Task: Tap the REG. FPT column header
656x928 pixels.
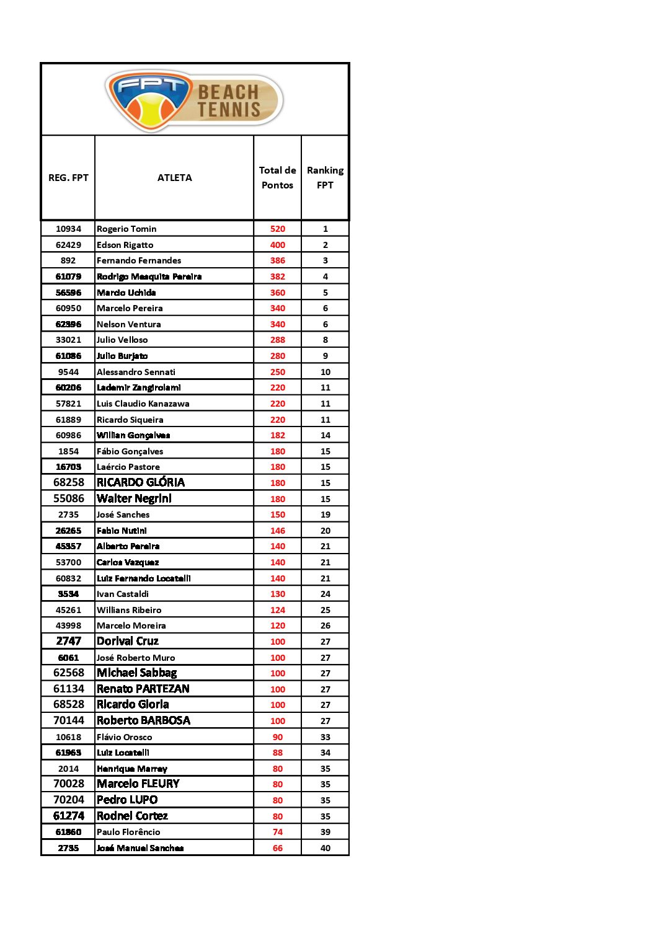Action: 68,178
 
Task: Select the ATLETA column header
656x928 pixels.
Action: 174,178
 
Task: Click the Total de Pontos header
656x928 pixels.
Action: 277,178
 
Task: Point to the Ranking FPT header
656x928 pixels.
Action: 325,178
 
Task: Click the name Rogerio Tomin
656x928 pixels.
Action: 126,229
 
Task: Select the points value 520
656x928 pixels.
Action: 277,229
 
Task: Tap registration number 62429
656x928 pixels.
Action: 68,245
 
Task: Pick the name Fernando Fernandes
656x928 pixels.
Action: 139,260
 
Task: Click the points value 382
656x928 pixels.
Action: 277,276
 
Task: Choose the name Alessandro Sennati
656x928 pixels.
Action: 136,372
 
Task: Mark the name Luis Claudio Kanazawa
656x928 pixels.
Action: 143,404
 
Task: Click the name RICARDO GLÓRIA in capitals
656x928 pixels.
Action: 141,482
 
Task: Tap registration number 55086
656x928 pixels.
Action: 68,498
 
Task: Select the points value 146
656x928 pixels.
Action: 277,531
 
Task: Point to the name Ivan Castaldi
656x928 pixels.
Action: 123,594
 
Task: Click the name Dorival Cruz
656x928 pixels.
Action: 128,641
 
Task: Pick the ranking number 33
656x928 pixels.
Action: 325,737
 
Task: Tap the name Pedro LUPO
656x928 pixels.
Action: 127,800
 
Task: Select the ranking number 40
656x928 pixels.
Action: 325,848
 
